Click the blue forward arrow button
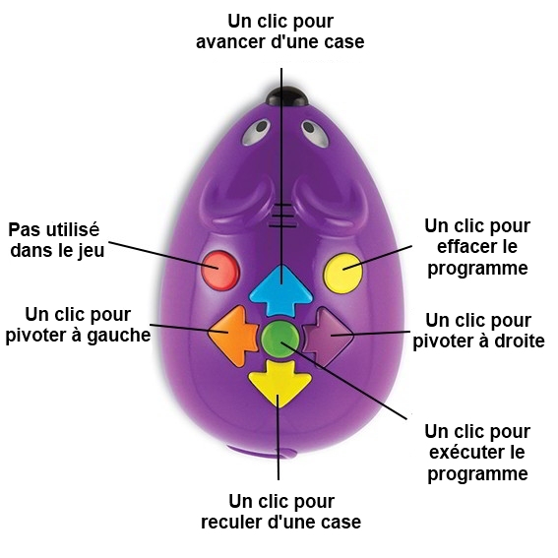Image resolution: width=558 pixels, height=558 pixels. [x=281, y=290]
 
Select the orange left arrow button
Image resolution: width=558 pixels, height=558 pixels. [x=233, y=336]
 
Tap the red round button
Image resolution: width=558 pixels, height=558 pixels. [x=219, y=271]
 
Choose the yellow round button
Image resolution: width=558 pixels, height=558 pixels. [x=342, y=274]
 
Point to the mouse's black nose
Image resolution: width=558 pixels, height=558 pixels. [x=286, y=96]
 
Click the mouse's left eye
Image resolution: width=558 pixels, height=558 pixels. [x=256, y=133]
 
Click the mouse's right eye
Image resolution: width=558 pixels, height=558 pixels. [x=315, y=134]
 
